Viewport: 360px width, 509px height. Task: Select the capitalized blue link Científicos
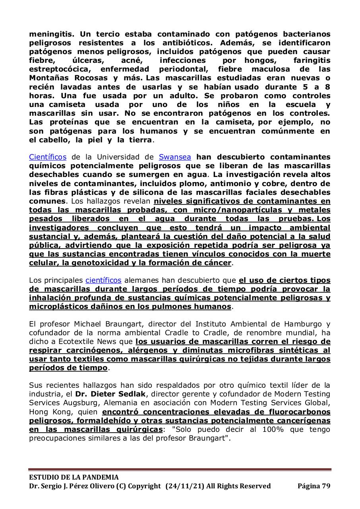48,157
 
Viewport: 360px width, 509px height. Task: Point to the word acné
137,60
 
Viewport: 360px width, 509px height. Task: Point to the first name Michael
83,324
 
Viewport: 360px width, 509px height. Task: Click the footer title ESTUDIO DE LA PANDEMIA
74,477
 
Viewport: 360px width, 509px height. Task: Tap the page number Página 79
314,486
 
